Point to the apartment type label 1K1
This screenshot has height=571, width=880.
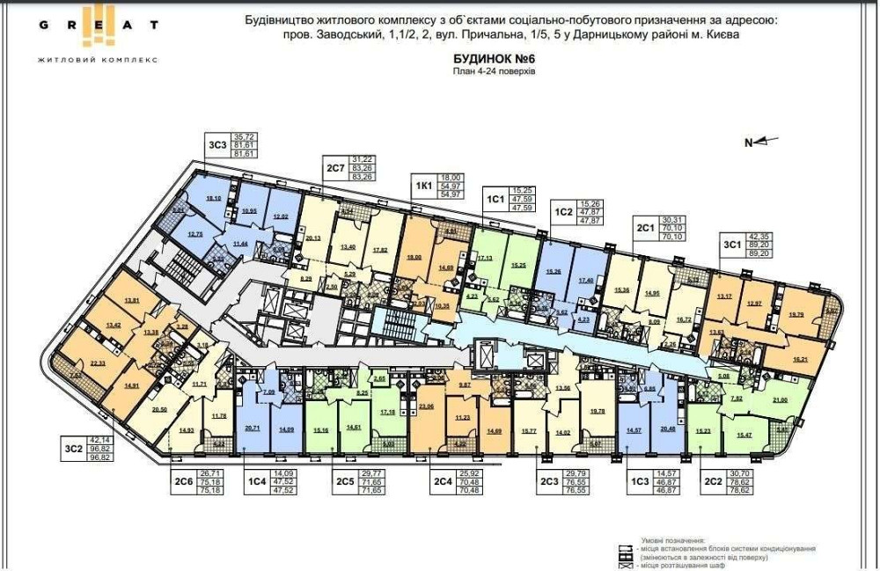coord(423,186)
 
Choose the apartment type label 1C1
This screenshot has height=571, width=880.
coord(495,199)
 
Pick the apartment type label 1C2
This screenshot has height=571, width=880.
coord(564,211)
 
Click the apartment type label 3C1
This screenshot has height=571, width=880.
coord(731,245)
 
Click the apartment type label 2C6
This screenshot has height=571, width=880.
coord(183,481)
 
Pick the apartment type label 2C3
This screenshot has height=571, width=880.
coord(550,481)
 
